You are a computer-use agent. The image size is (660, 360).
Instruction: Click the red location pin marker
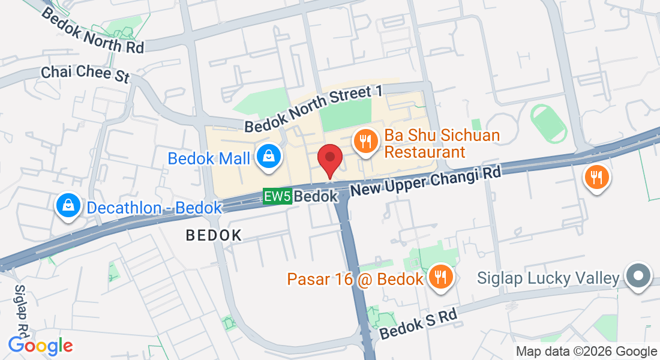329,158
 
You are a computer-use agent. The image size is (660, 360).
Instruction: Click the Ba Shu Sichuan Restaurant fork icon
365,142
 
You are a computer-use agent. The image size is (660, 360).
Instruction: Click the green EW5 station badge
277,196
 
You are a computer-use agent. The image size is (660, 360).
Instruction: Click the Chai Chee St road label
85,73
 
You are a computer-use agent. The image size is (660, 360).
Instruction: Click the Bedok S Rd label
418,324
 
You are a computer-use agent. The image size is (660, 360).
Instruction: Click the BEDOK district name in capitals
214,235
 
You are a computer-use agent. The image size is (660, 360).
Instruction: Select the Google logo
40,346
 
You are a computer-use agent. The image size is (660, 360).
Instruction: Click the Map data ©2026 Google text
586,352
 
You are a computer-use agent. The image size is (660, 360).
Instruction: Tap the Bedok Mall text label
209,158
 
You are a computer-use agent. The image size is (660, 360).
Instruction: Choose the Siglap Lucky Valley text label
548,278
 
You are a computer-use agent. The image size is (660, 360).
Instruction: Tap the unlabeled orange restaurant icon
596,178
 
